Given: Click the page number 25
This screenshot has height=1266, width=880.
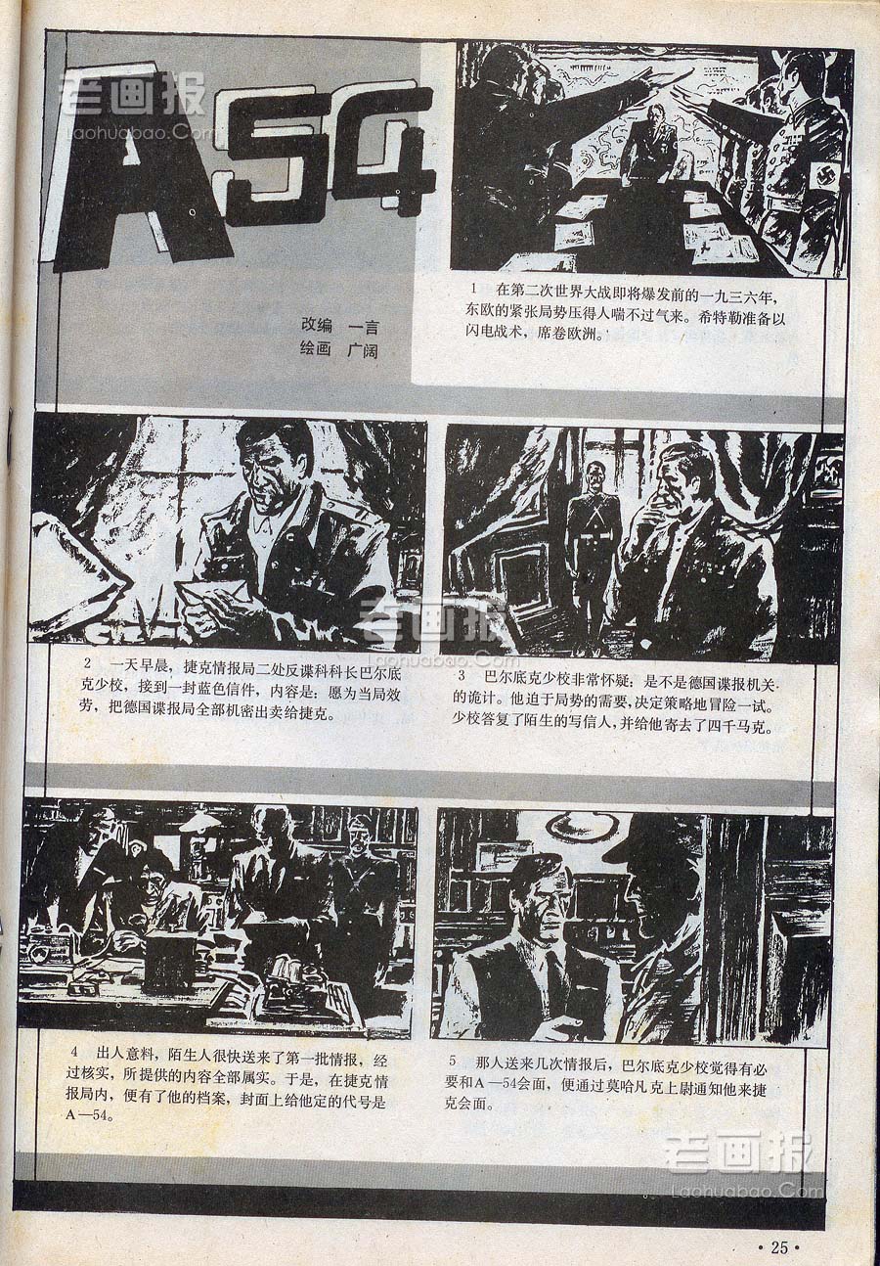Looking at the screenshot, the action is click(x=779, y=1246).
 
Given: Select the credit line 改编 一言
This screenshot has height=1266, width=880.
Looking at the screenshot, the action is click(x=340, y=326).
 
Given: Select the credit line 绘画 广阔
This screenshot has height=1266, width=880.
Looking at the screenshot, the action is click(x=340, y=351).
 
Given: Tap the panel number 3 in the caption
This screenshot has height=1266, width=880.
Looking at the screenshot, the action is click(x=462, y=675).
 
